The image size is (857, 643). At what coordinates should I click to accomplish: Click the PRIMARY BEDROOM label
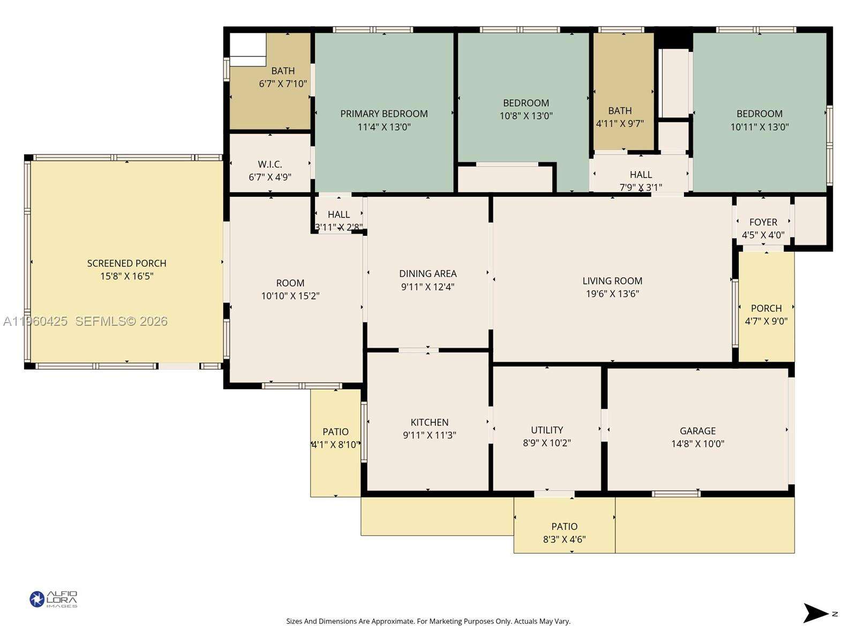pyautogui.click(x=384, y=114)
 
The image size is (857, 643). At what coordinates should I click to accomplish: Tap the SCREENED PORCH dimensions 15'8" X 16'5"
pyautogui.click(x=127, y=276)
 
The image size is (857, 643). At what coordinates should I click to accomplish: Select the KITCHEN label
pyautogui.click(x=430, y=422)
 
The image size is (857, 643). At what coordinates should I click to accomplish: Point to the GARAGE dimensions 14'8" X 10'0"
pyautogui.click(x=697, y=444)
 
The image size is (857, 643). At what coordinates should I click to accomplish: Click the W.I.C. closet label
pyautogui.click(x=270, y=164)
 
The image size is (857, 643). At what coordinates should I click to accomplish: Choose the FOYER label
pyautogui.click(x=763, y=222)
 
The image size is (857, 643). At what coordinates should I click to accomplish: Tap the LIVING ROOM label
pyautogui.click(x=612, y=281)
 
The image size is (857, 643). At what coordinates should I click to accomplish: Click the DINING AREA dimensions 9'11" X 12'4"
pyautogui.click(x=427, y=287)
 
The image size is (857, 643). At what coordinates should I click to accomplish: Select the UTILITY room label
pyautogui.click(x=547, y=430)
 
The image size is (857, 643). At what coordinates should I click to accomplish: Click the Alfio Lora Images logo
pyautogui.click(x=54, y=599)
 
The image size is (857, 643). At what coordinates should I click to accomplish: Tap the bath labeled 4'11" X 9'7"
pyautogui.click(x=620, y=117)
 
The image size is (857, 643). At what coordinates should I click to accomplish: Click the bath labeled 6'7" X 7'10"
pyautogui.click(x=283, y=77)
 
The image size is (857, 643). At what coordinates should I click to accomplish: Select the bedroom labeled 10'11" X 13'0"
pyautogui.click(x=759, y=120)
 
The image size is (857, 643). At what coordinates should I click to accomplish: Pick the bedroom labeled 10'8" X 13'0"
pyautogui.click(x=525, y=109)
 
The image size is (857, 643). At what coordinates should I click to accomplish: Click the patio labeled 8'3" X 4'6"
pyautogui.click(x=564, y=533)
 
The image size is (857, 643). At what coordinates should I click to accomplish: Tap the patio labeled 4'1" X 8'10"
pyautogui.click(x=335, y=438)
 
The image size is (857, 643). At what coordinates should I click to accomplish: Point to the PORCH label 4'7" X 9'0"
pyautogui.click(x=766, y=315)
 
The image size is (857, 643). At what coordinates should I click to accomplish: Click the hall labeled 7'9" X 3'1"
pyautogui.click(x=641, y=181)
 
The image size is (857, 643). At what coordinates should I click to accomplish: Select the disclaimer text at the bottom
pyautogui.click(x=428, y=622)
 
